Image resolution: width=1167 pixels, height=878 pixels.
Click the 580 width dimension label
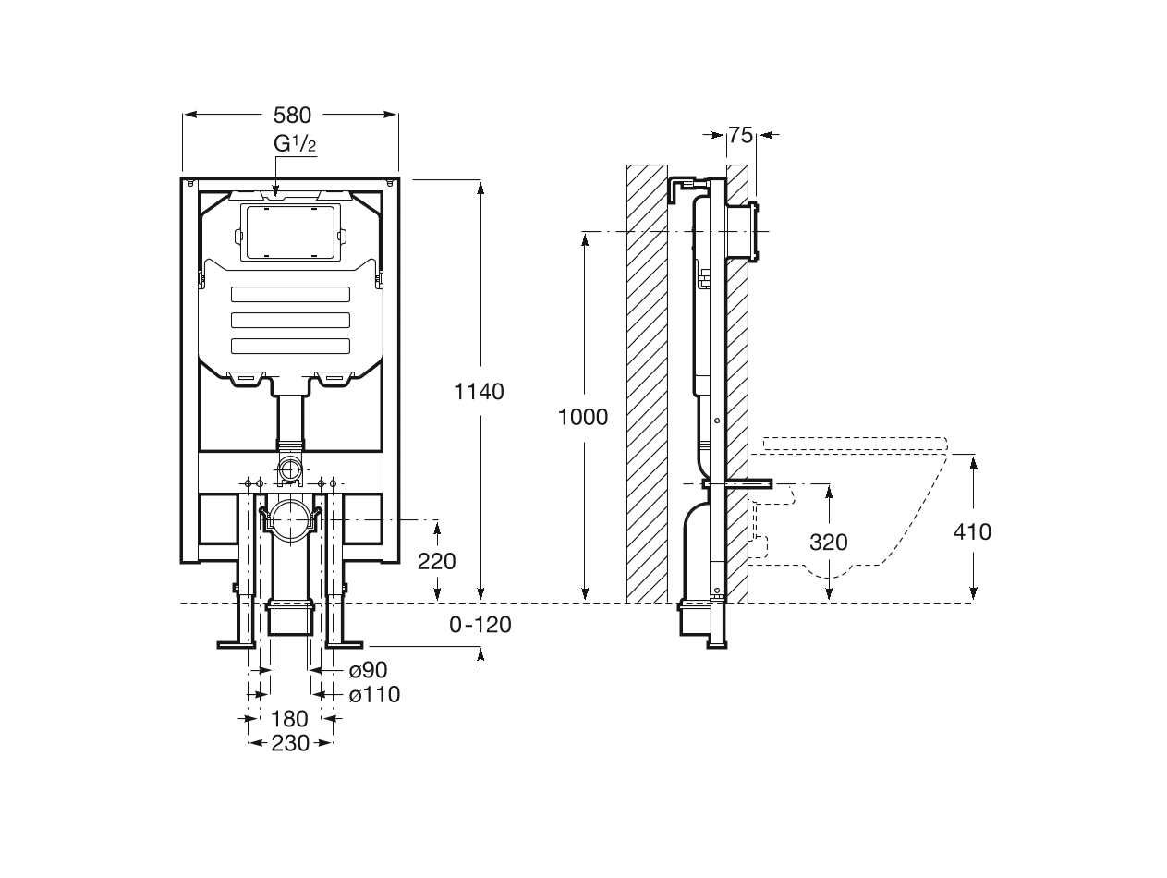pos(292,115)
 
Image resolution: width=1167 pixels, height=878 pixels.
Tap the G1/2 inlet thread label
pos(296,144)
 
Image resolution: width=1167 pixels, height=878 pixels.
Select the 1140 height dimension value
pos(479,391)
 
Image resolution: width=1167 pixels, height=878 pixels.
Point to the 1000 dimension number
pos(583,417)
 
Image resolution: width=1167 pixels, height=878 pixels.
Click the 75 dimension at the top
pos(740,135)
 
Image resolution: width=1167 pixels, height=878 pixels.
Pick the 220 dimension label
pos(437,561)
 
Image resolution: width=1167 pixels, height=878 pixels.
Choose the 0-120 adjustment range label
pos(480,625)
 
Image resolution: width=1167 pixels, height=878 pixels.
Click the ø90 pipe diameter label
pos(368,670)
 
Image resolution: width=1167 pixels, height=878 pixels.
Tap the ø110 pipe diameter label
pos(374,694)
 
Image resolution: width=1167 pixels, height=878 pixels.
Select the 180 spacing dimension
pos(289,718)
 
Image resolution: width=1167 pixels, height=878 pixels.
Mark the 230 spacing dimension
pos(290,742)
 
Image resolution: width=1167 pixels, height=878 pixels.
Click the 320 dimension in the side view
pos(828,543)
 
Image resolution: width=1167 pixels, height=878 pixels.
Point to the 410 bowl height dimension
pos(972,531)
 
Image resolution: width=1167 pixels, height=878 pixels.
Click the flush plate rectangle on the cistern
pos(291,232)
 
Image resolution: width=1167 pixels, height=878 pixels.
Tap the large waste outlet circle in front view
pos(291,519)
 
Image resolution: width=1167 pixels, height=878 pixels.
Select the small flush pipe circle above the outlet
pos(291,469)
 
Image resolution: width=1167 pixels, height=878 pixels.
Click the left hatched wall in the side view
pos(647,384)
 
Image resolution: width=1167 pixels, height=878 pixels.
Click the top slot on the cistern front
pos(291,295)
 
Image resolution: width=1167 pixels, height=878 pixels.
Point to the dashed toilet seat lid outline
pos(855,442)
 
